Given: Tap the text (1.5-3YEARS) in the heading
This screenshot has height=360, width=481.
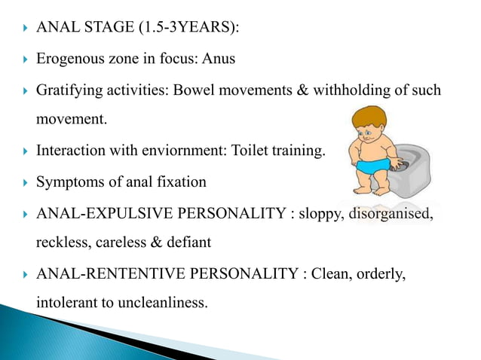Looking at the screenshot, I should (183, 29).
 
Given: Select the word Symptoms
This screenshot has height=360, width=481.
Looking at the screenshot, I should (68, 182).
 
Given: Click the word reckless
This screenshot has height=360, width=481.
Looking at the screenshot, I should (60, 243).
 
